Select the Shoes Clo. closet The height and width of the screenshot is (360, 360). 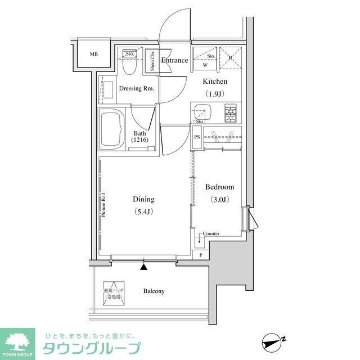pyautogui.click(x=151, y=61)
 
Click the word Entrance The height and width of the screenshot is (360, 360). pyautogui.click(x=174, y=60)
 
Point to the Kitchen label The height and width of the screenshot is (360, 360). pyautogui.click(x=215, y=82)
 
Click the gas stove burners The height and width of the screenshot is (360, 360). pyautogui.click(x=231, y=114)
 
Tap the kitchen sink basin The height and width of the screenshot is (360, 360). pyautogui.click(x=201, y=112)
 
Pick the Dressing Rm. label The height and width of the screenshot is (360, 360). pyautogui.click(x=137, y=89)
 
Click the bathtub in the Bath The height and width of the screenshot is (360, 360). pyautogui.click(x=112, y=129)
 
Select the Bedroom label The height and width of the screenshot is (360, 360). pyautogui.click(x=219, y=187)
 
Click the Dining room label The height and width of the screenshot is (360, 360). pyautogui.click(x=143, y=199)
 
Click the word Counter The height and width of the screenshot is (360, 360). pyautogui.click(x=211, y=233)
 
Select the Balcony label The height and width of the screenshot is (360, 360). pyautogui.click(x=154, y=291)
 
